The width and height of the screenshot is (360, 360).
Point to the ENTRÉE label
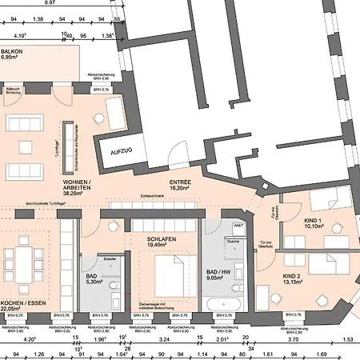(181, 182)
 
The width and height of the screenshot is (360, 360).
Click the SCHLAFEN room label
(162, 239)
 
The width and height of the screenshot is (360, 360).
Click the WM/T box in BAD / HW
(238, 228)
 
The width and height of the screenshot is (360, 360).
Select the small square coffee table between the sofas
(31, 148)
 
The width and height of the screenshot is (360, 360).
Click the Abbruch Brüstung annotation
(13, 91)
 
